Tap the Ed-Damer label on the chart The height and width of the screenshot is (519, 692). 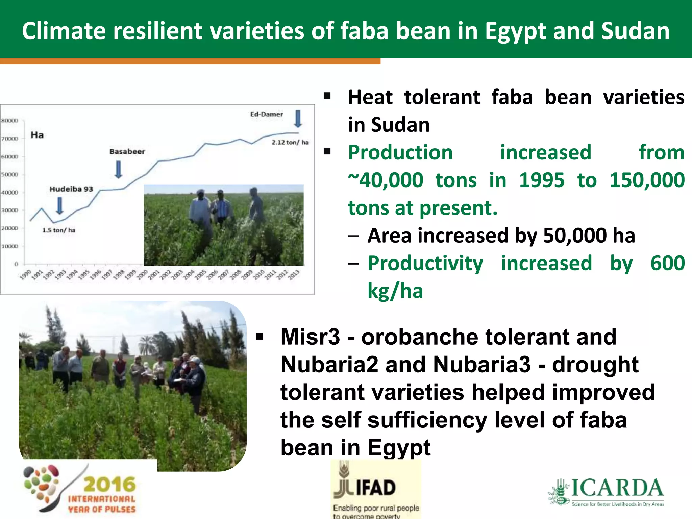[x=266, y=114]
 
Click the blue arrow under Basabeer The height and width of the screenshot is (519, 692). [x=118, y=169]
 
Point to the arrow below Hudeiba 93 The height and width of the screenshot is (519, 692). [x=60, y=205]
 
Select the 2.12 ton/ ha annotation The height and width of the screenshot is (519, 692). [x=290, y=142]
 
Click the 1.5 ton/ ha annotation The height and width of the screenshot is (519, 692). [x=59, y=230]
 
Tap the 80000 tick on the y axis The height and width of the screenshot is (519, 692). [x=9, y=121]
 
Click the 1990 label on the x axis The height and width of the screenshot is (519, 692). [x=25, y=275]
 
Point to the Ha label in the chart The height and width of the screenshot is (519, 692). [x=37, y=135]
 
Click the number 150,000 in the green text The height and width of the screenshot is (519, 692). [x=647, y=180]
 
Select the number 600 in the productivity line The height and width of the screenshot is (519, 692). [x=667, y=263]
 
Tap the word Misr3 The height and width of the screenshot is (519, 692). [x=310, y=337]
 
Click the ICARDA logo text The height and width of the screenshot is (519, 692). [x=617, y=488]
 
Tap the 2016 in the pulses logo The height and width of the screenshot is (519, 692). [x=109, y=484]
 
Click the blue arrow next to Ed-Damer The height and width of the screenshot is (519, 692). [x=298, y=119]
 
